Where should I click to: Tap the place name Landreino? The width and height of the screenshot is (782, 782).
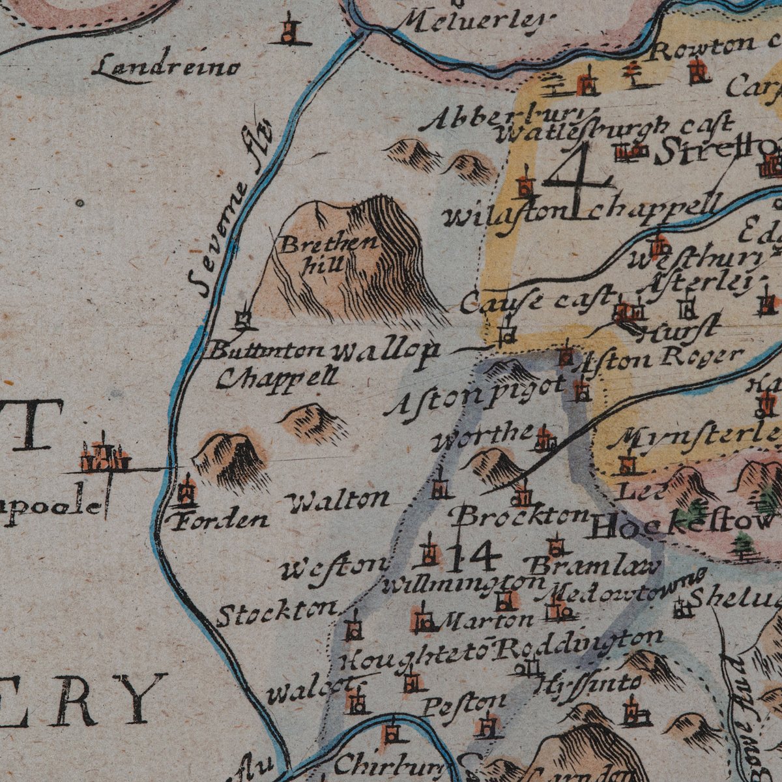166,67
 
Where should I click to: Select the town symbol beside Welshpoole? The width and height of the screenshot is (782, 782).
102,454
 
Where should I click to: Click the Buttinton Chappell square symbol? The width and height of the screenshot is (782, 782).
243,320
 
